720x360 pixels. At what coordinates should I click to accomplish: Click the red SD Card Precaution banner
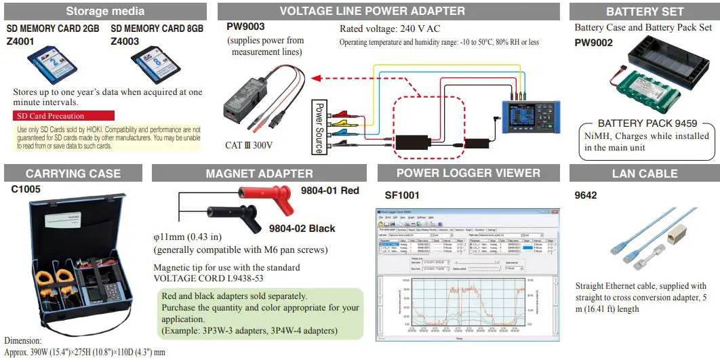point(64,116)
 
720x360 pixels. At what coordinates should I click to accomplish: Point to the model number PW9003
point(245,27)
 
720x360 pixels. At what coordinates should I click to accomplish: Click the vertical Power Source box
point(319,127)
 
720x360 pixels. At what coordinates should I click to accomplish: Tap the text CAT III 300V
point(249,145)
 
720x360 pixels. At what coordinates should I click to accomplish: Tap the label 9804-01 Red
point(329,191)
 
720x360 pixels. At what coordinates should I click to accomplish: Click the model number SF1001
point(402,195)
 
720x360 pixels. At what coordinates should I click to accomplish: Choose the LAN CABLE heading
point(644,174)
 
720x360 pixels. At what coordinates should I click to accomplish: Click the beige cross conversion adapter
point(678,235)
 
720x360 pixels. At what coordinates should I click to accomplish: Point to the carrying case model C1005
point(26,189)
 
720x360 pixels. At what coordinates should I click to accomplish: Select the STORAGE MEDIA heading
point(104,11)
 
